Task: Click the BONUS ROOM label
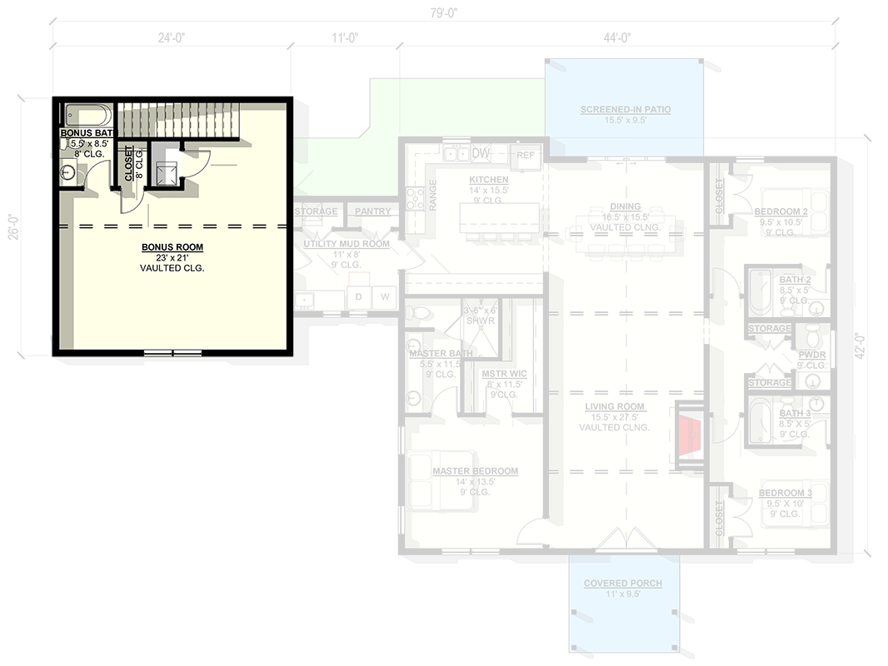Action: (x=172, y=247)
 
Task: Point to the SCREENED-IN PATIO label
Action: (x=626, y=109)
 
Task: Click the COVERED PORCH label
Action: (x=622, y=583)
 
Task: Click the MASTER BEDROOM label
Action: (x=475, y=471)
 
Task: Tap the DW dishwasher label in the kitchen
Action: (x=481, y=154)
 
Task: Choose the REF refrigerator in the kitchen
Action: (x=526, y=156)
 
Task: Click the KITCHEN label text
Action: (x=488, y=180)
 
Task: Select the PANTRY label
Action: (x=372, y=211)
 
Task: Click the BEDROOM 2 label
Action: (x=783, y=211)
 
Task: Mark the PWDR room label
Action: (x=811, y=353)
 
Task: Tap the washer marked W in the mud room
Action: (x=385, y=296)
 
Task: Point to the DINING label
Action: (x=625, y=206)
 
